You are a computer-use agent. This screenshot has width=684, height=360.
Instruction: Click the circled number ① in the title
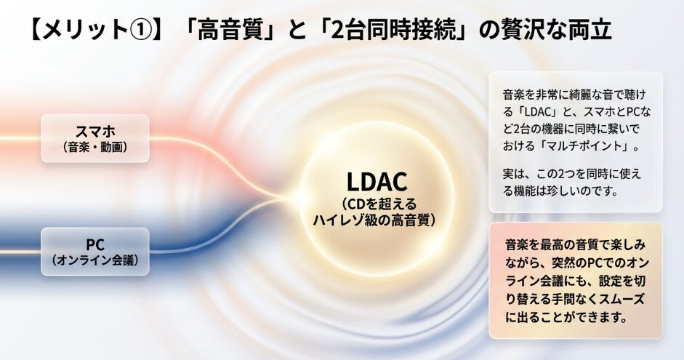(140, 30)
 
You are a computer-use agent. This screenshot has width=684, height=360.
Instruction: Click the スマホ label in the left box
(95, 131)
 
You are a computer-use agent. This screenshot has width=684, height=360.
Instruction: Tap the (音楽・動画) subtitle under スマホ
(95, 147)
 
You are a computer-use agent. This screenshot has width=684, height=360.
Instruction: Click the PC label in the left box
(95, 244)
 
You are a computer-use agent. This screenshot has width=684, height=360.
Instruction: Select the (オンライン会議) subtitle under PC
(95, 260)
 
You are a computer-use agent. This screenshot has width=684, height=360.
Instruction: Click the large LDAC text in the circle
(377, 182)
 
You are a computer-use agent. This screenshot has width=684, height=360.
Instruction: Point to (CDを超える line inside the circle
(377, 204)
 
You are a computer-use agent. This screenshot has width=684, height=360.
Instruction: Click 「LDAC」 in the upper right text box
(536, 112)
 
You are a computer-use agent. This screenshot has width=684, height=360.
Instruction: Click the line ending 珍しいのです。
(560, 191)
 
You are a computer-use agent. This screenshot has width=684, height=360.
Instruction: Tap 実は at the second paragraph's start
(515, 174)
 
